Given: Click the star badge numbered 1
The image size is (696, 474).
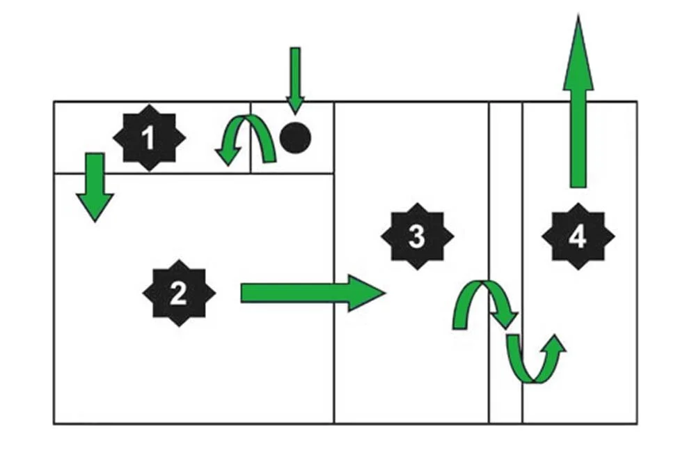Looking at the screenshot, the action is pyautogui.click(x=148, y=138).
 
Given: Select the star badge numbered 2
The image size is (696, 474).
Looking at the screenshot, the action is pyautogui.click(x=179, y=293).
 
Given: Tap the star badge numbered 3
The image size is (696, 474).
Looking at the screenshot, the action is pyautogui.click(x=417, y=236).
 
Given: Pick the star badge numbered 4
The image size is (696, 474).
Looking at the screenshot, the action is pyautogui.click(x=578, y=237).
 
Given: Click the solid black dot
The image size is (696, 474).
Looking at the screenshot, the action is pyautogui.click(x=295, y=137).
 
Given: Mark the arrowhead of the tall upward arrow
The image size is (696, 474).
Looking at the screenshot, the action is pyautogui.click(x=578, y=52).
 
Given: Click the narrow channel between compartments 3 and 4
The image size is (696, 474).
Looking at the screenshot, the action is pyautogui.click(x=505, y=209).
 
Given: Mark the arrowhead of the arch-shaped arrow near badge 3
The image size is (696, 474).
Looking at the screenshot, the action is pyautogui.click(x=506, y=319).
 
